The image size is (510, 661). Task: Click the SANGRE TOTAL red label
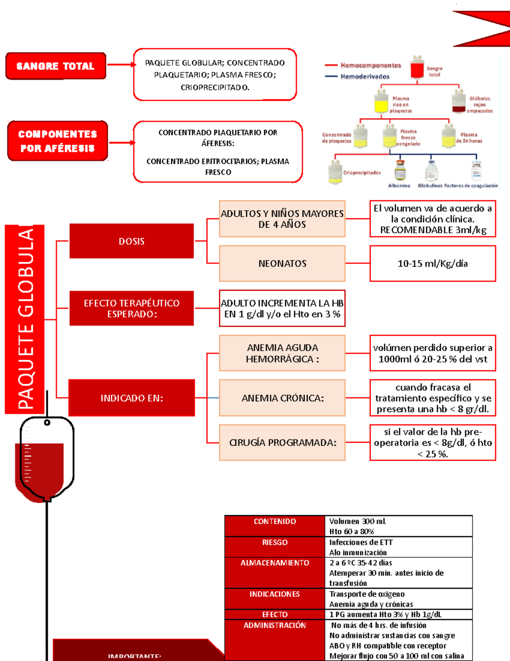pyautogui.click(x=56, y=66)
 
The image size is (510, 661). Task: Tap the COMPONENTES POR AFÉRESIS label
pyautogui.click(x=57, y=141)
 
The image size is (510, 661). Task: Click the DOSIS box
pyautogui.click(x=131, y=241)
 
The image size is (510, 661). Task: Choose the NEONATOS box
pyautogui.click(x=282, y=263)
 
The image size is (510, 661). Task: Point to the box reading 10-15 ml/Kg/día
pyautogui.click(x=433, y=263)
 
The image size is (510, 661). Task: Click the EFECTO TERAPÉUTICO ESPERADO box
pyautogui.click(x=131, y=309)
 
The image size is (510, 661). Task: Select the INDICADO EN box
pyautogui.click(x=131, y=398)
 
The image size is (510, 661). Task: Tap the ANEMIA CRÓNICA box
pyautogui.click(x=282, y=398)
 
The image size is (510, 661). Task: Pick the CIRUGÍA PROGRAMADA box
pyautogui.click(x=282, y=443)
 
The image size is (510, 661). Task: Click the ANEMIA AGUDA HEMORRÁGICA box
pyautogui.click(x=282, y=353)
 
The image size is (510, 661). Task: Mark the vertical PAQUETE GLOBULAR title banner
pyautogui.click(x=25, y=319)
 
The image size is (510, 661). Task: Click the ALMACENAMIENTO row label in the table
pyautogui.click(x=275, y=563)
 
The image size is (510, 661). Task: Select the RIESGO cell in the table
pyautogui.click(x=275, y=543)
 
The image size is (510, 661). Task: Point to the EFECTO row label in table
pyautogui.click(x=275, y=615)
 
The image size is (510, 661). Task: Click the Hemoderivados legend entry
pyautogui.click(x=365, y=77)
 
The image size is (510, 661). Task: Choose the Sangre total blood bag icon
pyautogui.click(x=417, y=67)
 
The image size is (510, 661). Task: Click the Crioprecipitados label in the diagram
pyautogui.click(x=362, y=173)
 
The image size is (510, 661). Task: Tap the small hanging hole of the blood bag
pyautogui.click(x=47, y=422)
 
